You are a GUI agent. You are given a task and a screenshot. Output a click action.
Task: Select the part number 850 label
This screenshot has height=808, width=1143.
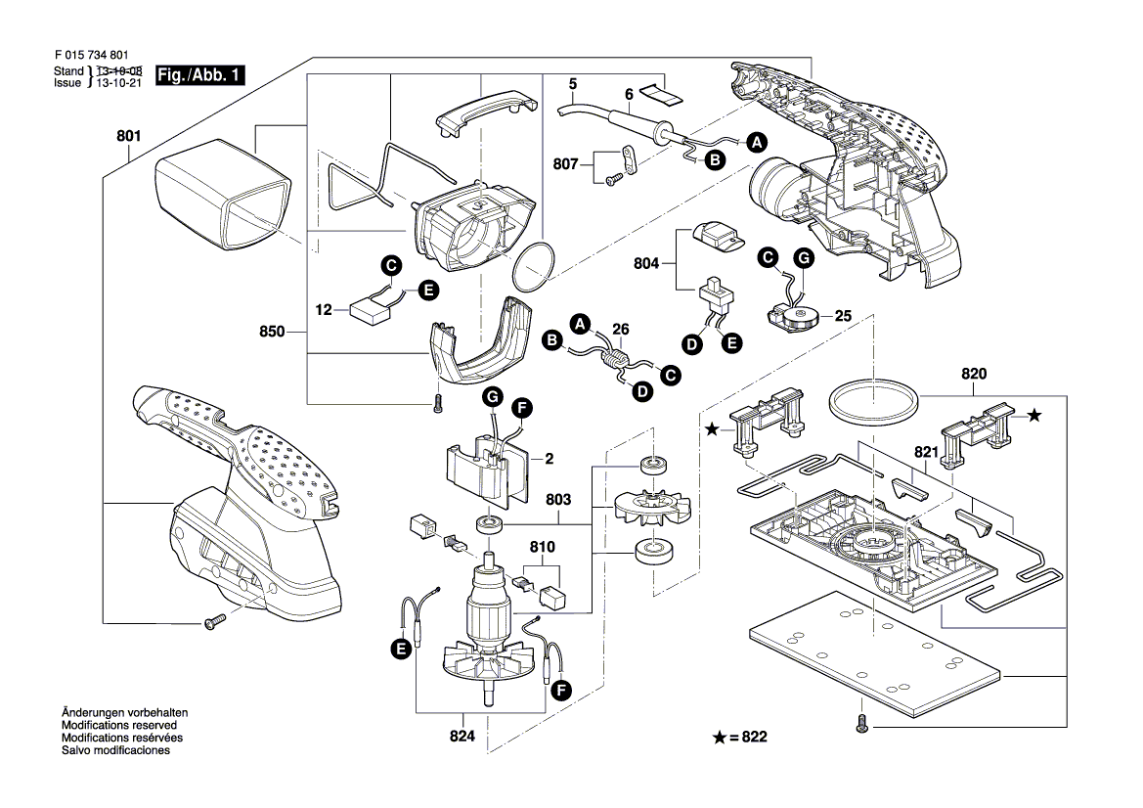pyautogui.click(x=273, y=332)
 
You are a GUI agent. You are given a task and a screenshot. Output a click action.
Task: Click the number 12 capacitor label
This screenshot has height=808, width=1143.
pyautogui.click(x=326, y=310)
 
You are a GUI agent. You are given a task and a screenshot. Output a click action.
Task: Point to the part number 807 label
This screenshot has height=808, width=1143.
pyautogui.click(x=565, y=165)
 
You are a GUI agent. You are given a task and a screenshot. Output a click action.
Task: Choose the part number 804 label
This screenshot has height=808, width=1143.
pyautogui.click(x=647, y=264)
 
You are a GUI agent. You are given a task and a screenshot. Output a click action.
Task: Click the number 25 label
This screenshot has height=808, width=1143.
pyautogui.click(x=843, y=316)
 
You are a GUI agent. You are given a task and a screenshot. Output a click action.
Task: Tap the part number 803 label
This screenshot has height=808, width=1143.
pyautogui.click(x=558, y=501)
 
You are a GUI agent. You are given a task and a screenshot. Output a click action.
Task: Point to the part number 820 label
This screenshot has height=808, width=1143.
pyautogui.click(x=974, y=374)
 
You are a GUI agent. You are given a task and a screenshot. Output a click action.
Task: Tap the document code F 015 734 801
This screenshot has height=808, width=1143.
pyautogui.click(x=90, y=57)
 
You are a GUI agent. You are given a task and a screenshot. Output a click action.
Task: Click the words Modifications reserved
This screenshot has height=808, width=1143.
pyautogui.click(x=119, y=726)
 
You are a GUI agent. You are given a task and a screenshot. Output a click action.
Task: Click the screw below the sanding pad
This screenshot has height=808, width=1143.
pyautogui.click(x=861, y=724)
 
